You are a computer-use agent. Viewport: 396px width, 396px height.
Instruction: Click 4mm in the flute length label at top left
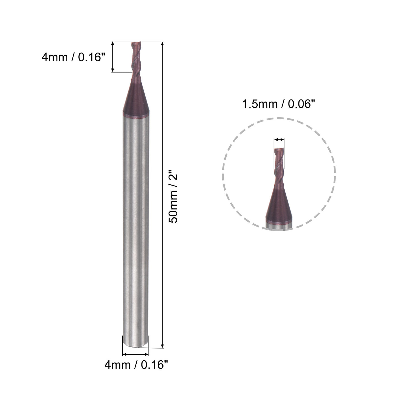55,57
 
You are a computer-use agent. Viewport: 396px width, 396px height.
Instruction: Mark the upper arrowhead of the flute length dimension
113,44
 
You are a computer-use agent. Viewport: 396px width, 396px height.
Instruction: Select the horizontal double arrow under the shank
135,354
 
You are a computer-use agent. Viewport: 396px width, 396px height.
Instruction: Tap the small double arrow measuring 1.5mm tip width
279,139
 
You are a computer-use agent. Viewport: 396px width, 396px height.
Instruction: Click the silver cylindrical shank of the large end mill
136,226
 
